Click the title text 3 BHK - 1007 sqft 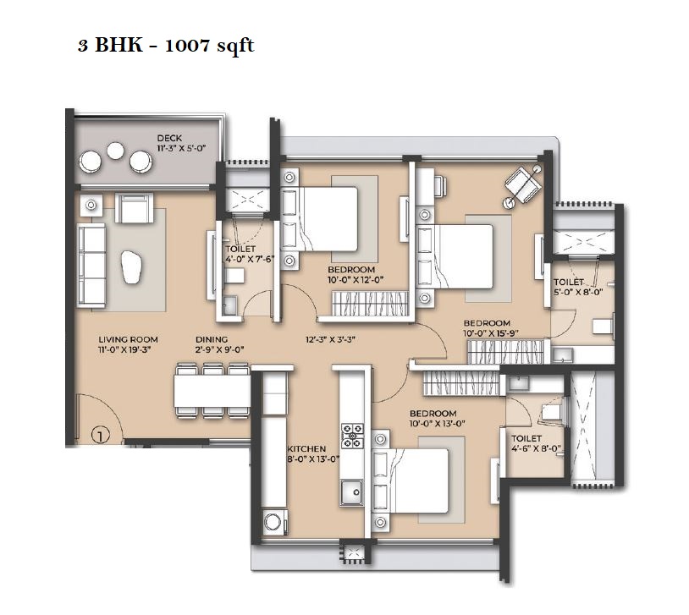[x=166, y=46]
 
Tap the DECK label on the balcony [x=170, y=139]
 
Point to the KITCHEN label [x=306, y=449]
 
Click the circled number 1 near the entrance [x=100, y=437]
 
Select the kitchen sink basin [x=351, y=491]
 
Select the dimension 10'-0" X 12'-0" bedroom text [x=356, y=278]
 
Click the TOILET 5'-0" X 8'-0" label [x=569, y=287]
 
